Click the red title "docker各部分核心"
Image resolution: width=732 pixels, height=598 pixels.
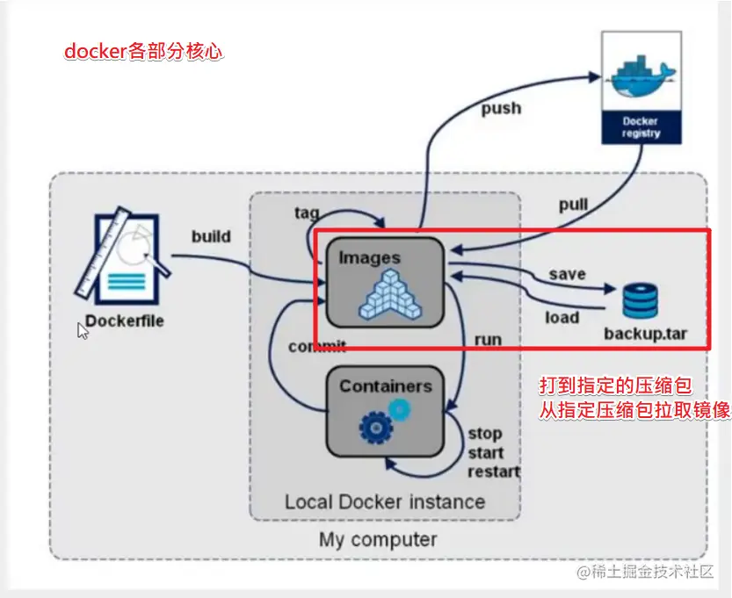144,51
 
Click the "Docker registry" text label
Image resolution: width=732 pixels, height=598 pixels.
641,127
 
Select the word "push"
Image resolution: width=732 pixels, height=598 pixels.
501,109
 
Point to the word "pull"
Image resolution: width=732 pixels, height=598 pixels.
573,205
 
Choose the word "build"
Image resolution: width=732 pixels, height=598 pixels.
211,236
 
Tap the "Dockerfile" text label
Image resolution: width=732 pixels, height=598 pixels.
125,321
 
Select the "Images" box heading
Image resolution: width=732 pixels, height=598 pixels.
370,258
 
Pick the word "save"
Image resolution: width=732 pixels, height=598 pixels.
567,274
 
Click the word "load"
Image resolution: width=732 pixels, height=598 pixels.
562,317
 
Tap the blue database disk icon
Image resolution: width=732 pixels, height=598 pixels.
641,300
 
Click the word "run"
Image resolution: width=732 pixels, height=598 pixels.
488,339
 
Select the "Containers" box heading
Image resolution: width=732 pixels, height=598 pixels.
386,386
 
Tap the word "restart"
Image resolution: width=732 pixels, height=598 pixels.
493,471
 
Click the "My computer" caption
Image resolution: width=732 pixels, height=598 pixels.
378,539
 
